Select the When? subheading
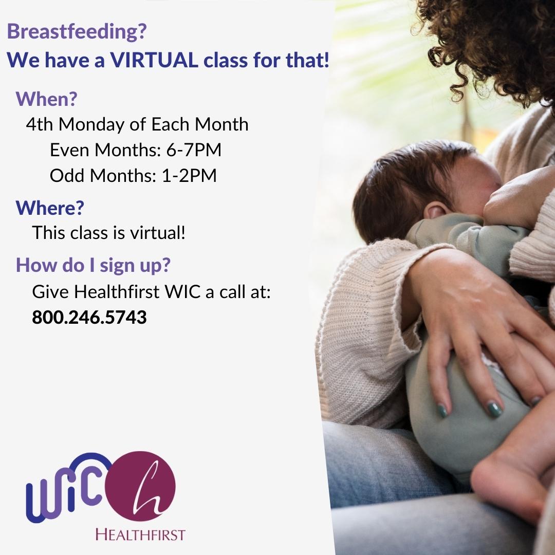pos(46,99)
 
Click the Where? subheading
pos(50,208)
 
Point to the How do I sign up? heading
pos(93,265)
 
